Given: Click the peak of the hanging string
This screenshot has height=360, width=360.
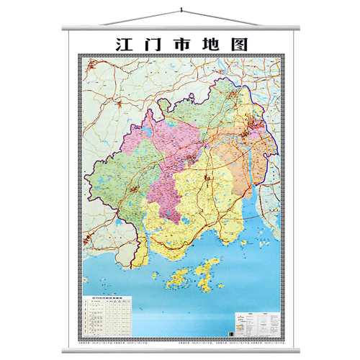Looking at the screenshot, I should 180,9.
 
